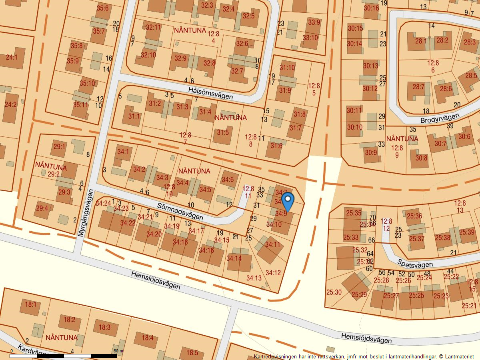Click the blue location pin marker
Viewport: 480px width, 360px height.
(288, 202)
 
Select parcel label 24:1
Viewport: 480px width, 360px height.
(12, 57)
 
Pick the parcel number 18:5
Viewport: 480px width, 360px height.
(192, 353)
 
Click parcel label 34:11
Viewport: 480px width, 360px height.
(273, 244)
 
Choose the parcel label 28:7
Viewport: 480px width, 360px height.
(418, 87)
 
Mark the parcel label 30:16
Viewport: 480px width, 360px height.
(371, 8)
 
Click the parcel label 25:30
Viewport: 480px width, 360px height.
(334, 292)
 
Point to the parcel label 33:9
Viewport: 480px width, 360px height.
(314, 22)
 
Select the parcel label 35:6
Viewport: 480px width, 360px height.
(102, 8)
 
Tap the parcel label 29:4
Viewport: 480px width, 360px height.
(42, 208)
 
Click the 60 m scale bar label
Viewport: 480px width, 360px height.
(118, 351)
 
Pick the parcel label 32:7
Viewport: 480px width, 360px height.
(237, 71)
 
